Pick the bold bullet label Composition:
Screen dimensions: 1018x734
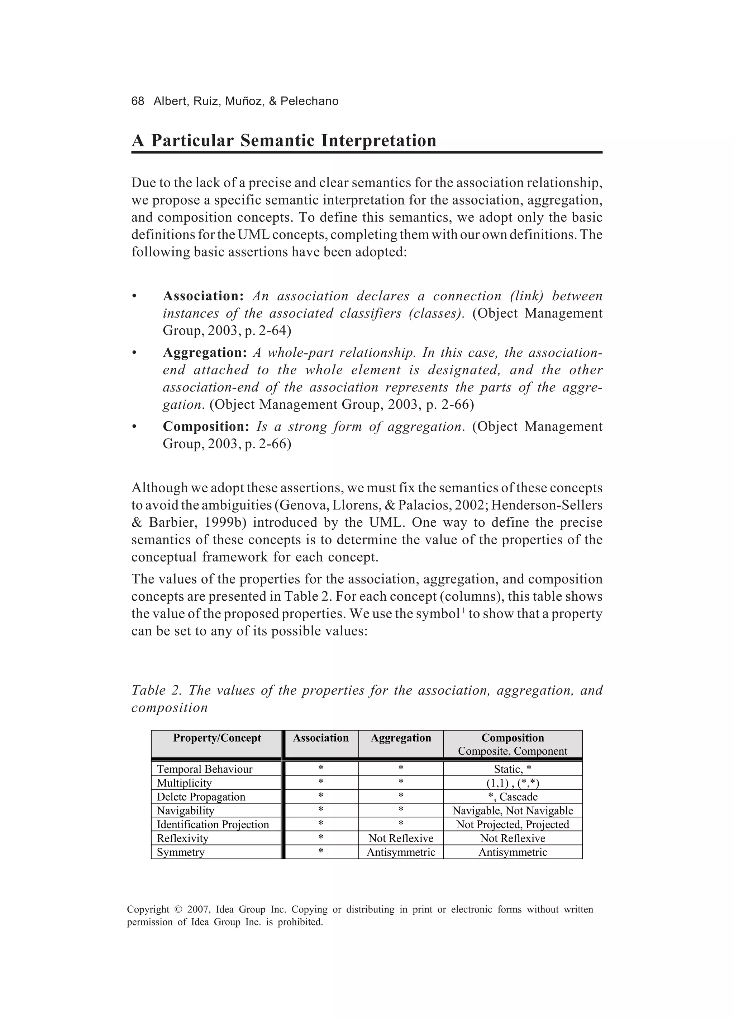pos(206,426)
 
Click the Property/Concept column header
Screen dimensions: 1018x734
pos(217,738)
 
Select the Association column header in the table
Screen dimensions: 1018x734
pos(321,738)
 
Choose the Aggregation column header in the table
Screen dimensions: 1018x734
pos(401,738)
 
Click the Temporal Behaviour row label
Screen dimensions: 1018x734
pos(204,769)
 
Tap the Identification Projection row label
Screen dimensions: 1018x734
pos(213,825)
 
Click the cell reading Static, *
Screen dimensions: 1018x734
pos(513,769)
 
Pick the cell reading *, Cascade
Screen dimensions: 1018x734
pos(513,797)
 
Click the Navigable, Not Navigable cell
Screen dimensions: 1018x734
pos(513,811)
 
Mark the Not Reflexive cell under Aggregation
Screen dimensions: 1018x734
pos(401,839)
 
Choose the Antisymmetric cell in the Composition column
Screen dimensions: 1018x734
pos(513,852)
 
